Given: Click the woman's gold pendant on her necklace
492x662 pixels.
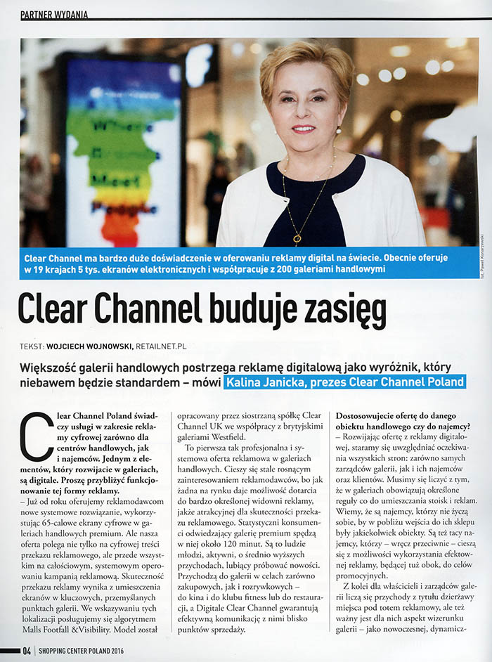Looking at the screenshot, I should click(297, 240).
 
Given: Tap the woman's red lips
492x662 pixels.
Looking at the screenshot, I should click(303, 129).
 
